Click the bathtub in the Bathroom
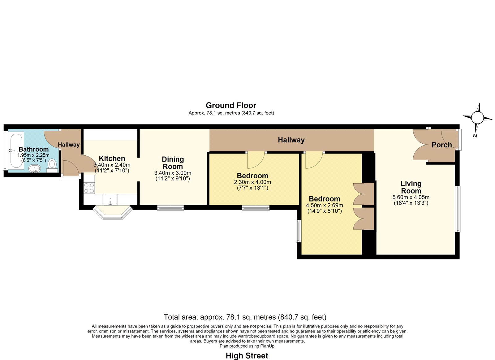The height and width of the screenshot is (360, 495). point(16,151)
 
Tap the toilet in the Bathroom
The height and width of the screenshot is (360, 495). point(52,166)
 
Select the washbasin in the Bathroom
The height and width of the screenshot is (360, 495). point(35,168)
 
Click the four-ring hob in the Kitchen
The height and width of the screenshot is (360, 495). point(89,188)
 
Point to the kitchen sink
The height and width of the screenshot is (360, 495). point(110,200)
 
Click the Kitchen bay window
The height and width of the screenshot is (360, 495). point(113,213)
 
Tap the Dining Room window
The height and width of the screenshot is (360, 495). point(170,208)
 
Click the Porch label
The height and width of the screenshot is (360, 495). point(442,145)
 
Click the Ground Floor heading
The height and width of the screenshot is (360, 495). point(231,105)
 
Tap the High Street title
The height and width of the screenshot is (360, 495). point(247,356)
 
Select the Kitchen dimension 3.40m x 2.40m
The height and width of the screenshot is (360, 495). point(112,165)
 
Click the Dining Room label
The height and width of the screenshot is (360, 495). point(173,163)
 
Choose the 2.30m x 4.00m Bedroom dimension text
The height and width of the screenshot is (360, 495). point(252,182)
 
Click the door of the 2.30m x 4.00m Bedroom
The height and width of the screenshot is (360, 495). point(256,160)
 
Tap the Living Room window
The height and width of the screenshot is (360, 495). point(458,209)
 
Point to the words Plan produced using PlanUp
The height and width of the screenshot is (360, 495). point(247,346)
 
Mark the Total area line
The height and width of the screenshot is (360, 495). point(245,317)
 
